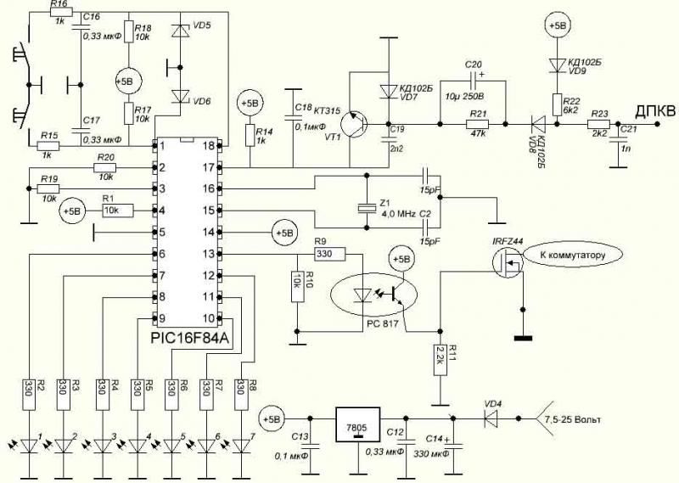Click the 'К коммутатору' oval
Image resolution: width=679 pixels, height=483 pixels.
[x=574, y=253]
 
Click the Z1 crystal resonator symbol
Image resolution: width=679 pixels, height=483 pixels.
[x=366, y=208]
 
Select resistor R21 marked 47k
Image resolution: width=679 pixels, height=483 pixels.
[x=479, y=126]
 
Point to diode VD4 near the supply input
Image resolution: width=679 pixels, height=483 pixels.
[x=491, y=418]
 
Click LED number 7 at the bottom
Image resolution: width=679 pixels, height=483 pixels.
[x=244, y=446]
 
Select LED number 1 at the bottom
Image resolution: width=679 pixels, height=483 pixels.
[x=29, y=446]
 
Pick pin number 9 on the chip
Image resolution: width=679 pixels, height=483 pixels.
[x=160, y=318]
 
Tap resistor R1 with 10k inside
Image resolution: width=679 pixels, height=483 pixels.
[x=111, y=209]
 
